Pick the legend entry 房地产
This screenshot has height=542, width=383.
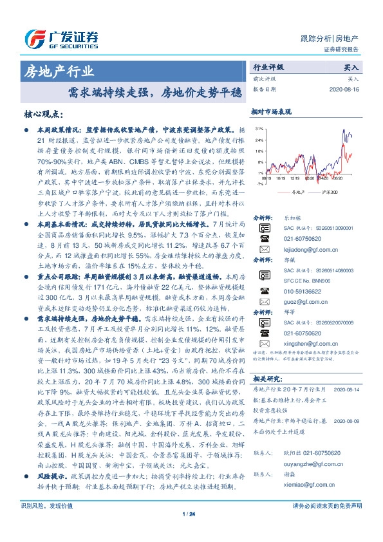tap(295, 192)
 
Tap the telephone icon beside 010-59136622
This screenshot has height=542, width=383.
tap(265, 308)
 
